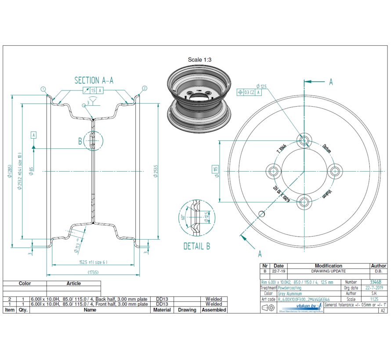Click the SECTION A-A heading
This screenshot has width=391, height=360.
(x=94, y=80)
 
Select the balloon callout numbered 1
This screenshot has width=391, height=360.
(x=43, y=89)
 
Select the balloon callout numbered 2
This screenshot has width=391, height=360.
(x=145, y=89)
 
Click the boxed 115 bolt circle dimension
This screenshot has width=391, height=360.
(x=216, y=171)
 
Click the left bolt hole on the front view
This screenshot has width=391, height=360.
(x=274, y=171)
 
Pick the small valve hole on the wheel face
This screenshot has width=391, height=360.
(x=262, y=214)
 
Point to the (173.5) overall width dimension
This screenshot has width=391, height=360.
(x=93, y=273)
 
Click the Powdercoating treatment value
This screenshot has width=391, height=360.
(x=290, y=288)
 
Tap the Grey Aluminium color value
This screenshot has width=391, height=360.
(x=290, y=294)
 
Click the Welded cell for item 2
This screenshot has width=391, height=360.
(x=214, y=299)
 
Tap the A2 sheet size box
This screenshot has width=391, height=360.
(x=383, y=310)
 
